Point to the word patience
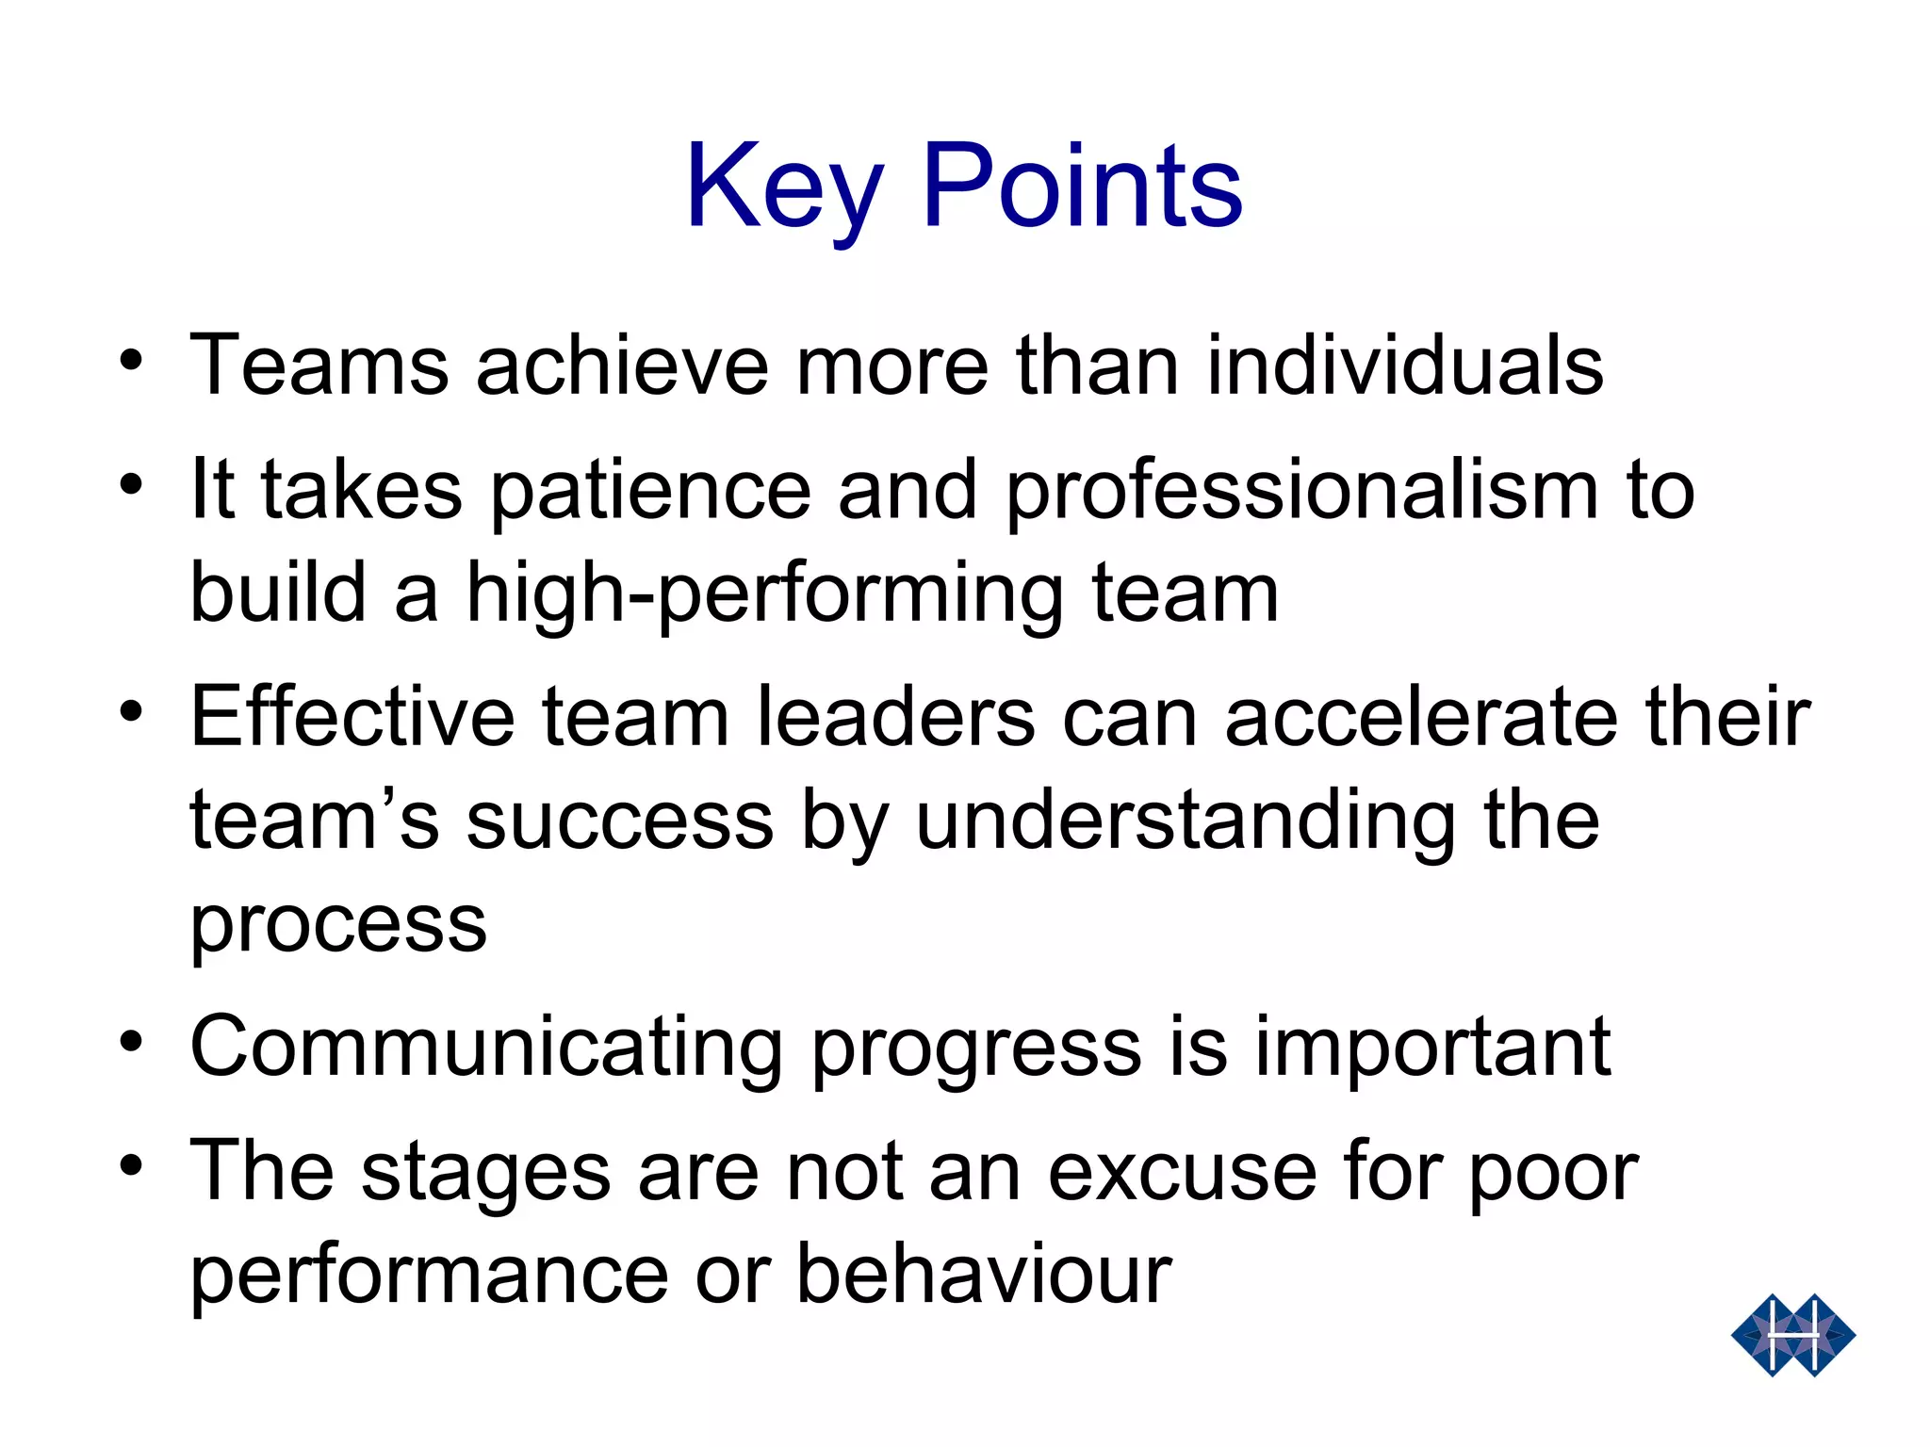tap(650, 492)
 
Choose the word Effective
tap(352, 717)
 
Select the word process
tap(338, 925)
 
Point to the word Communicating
tap(486, 1048)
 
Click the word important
tap(1432, 1048)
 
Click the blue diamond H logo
tap(1792, 1335)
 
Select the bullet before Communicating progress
tap(132, 1042)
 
